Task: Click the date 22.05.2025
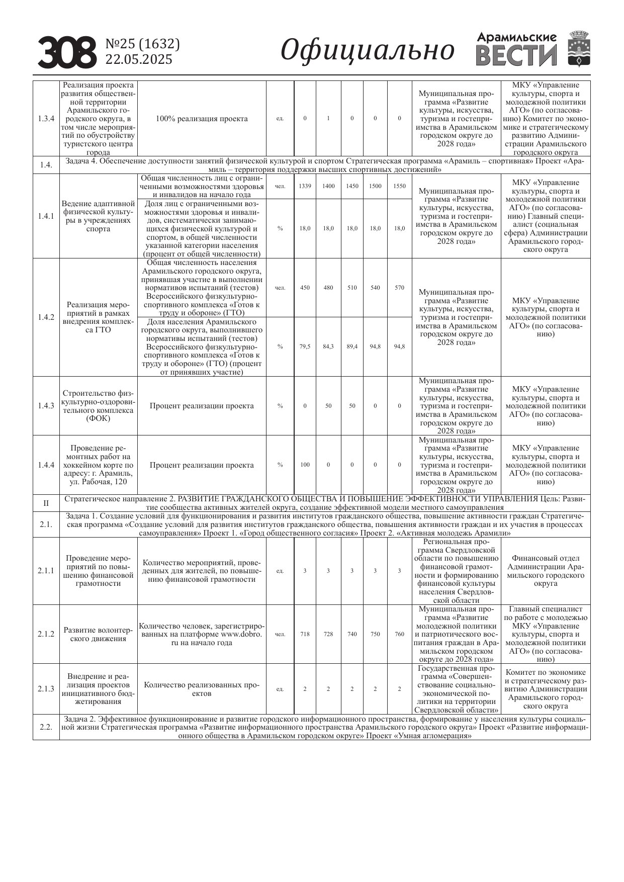[139, 59]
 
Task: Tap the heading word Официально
[367, 51]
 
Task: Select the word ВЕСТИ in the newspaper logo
[516, 55]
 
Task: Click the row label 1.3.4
[46, 119]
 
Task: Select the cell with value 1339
[305, 186]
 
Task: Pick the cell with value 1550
[399, 186]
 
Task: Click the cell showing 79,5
[305, 346]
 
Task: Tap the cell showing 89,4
[352, 346]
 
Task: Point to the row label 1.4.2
[46, 317]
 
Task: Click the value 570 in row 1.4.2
[399, 288]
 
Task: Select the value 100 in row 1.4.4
[305, 465]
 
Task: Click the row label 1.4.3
[46, 406]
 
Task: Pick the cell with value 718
[305, 634]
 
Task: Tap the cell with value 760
[399, 634]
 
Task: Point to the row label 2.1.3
[46, 689]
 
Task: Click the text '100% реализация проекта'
[202, 119]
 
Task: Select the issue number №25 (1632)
[142, 44]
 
